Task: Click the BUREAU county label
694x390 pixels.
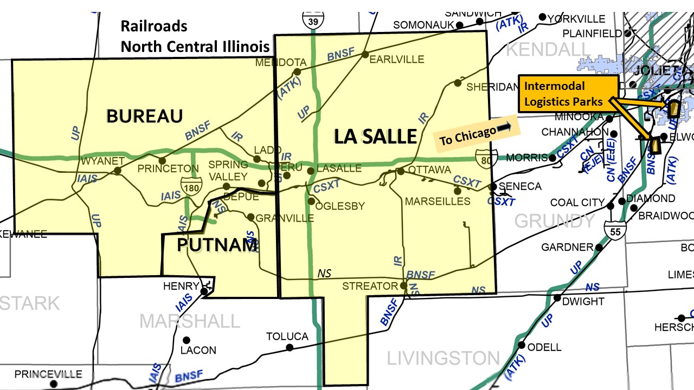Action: pyautogui.click(x=144, y=116)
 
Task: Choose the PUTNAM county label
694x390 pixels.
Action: pyautogui.click(x=217, y=245)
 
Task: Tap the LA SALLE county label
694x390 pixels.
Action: pyautogui.click(x=375, y=136)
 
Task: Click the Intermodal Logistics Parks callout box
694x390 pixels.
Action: pyautogui.click(x=568, y=94)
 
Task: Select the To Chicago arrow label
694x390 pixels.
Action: pyautogui.click(x=475, y=133)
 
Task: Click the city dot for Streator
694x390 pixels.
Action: pyautogui.click(x=403, y=285)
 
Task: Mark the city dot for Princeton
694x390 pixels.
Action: pyautogui.click(x=162, y=160)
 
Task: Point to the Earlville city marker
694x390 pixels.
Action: pyautogui.click(x=365, y=54)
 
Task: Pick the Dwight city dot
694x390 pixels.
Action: pyautogui.click(x=557, y=298)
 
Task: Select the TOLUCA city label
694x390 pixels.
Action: pyautogui.click(x=287, y=336)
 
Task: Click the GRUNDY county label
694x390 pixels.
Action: pyautogui.click(x=555, y=220)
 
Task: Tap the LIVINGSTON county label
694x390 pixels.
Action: pyautogui.click(x=442, y=357)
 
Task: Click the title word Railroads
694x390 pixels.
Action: pyautogui.click(x=153, y=26)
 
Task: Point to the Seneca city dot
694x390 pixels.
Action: pyautogui.click(x=493, y=186)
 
